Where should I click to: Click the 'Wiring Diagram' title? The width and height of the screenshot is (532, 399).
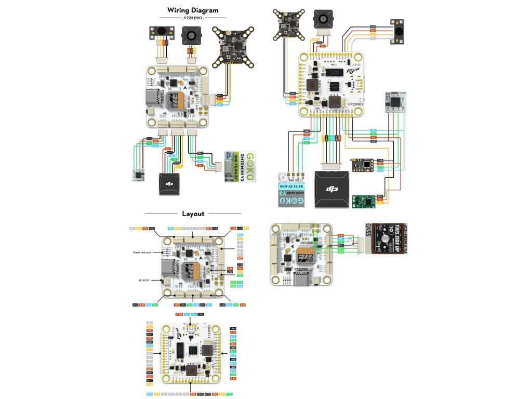click(193, 10)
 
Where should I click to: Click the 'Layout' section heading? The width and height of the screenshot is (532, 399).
click(193, 214)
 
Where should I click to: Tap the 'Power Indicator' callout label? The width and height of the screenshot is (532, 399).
click(142, 252)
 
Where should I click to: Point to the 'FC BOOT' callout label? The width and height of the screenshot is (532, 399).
click(147, 280)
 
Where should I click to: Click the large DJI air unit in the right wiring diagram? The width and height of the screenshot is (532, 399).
click(332, 190)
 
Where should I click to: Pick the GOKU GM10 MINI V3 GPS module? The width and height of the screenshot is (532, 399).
click(241, 167)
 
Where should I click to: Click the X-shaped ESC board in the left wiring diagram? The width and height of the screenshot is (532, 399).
click(233, 48)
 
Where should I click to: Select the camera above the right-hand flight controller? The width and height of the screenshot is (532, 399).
click(323, 20)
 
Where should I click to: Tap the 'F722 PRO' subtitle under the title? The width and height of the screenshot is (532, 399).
click(193, 18)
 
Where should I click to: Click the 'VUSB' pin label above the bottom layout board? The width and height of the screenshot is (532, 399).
click(179, 315)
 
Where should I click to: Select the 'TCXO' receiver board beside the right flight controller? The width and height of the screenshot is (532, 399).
click(395, 102)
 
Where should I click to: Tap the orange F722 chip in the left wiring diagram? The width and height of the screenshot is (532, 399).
click(178, 98)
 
